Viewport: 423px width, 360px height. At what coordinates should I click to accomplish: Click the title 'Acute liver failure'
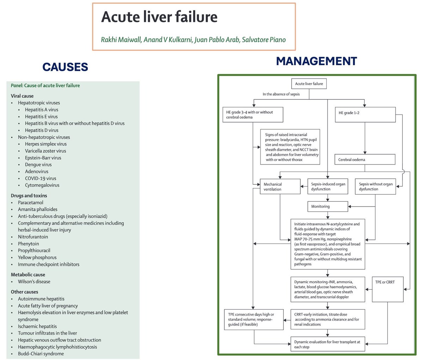point(159,17)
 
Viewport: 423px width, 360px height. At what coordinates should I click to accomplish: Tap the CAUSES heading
point(65,67)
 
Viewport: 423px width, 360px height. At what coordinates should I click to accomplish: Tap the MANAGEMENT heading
point(316,61)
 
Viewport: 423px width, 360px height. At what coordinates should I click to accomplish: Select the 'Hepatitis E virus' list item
point(41,117)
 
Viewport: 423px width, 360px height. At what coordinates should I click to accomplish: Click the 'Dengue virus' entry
point(38,165)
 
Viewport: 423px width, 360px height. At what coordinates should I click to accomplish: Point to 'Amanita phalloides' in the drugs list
point(38,209)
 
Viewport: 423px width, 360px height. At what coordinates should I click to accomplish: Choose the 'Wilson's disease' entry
point(34,281)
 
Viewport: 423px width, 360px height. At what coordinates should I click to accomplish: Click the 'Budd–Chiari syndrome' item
point(41,354)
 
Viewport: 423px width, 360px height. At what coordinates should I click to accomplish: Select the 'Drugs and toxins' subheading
point(29,195)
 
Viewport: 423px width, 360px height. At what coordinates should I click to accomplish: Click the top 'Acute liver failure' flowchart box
point(309,84)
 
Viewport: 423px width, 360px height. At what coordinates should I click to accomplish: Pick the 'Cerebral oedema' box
point(364,160)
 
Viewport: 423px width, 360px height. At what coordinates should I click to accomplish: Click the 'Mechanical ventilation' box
point(280,187)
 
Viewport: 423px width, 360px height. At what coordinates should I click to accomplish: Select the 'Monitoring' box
point(328,206)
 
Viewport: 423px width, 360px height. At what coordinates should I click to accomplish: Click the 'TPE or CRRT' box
point(387,289)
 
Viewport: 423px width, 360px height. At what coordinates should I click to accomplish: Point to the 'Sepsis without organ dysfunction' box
point(375,187)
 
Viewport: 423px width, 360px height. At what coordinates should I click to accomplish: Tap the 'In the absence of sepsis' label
point(281,94)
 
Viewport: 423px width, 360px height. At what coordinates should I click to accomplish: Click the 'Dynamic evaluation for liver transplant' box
point(328,345)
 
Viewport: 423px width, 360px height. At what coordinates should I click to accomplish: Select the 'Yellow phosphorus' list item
point(37,257)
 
